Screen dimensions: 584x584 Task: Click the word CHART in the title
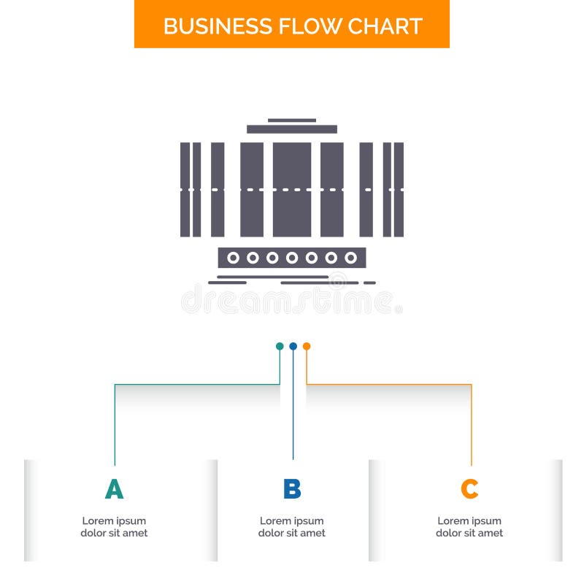(385, 26)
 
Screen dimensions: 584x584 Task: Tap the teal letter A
(114, 489)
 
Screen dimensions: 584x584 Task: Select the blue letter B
(292, 489)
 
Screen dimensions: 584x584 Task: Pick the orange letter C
(469, 489)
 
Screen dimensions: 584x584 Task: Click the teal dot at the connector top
(280, 346)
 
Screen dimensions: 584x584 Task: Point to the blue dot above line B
(293, 346)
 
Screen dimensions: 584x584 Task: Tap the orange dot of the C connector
(307, 346)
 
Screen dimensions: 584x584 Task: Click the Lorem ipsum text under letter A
(114, 527)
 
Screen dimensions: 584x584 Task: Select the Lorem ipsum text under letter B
(292, 527)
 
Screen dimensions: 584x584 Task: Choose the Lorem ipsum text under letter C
(469, 527)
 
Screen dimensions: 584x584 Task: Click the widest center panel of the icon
(292, 190)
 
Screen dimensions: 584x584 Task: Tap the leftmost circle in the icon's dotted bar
(233, 258)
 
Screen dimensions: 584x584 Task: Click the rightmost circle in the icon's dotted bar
(350, 258)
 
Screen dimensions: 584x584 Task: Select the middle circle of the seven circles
(292, 258)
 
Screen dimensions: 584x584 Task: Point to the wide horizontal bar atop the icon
(292, 129)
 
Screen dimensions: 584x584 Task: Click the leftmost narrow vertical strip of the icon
(185, 190)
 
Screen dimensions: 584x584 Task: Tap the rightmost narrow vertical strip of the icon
(399, 190)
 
